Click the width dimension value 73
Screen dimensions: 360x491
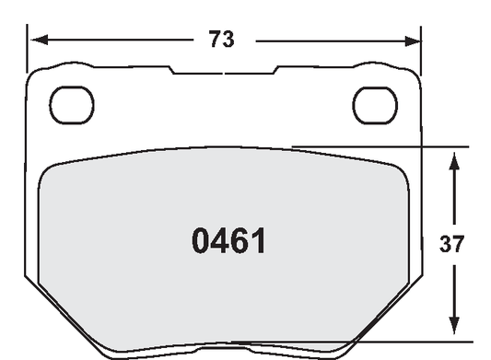click(x=221, y=40)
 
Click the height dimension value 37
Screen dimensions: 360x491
click(x=451, y=245)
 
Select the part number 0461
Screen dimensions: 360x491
click(x=229, y=242)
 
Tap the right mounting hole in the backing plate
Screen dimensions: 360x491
click(x=374, y=105)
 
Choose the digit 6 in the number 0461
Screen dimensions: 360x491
click(x=240, y=242)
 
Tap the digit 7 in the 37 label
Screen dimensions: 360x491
click(x=459, y=245)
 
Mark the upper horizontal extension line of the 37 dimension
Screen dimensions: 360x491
click(x=378, y=146)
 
